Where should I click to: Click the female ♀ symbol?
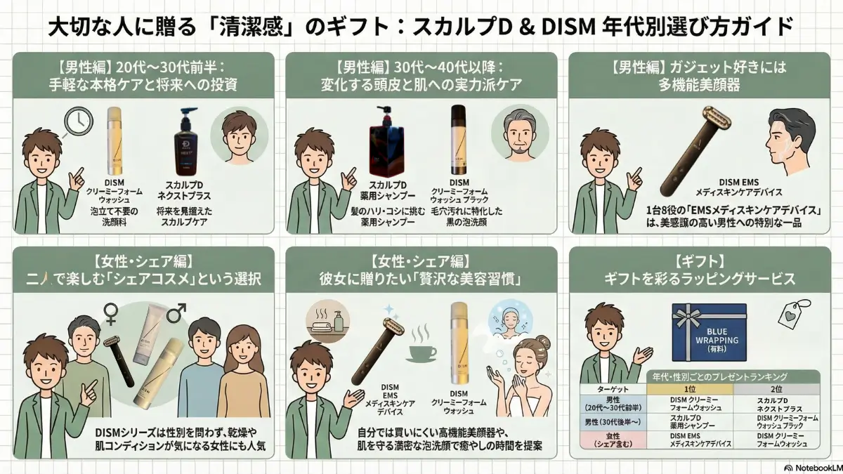pyautogui.click(x=110, y=312)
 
